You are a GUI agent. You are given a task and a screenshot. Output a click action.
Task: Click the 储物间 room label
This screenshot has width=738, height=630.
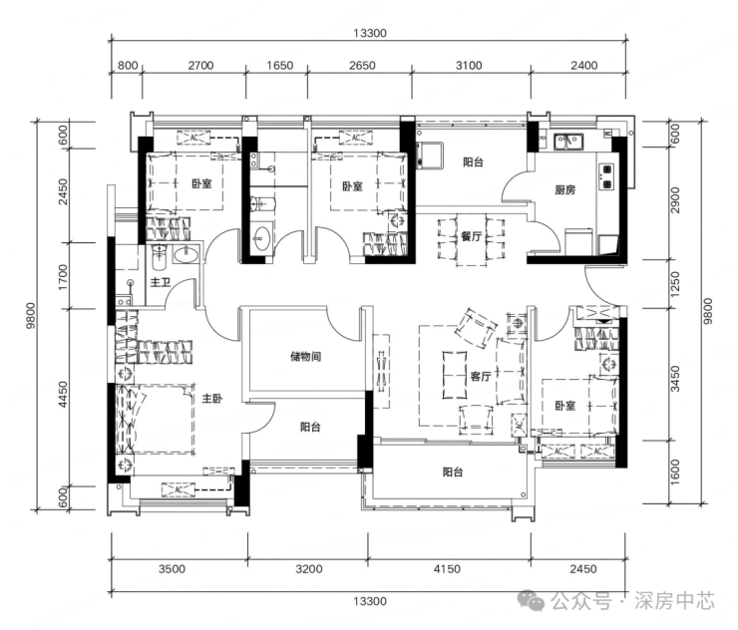(x=305, y=356)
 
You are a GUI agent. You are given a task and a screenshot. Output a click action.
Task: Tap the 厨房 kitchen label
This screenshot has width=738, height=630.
(x=564, y=190)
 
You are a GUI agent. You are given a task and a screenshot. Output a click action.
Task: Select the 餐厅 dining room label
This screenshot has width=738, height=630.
(x=471, y=235)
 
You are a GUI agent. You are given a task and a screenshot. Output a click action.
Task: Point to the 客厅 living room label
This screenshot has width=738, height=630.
(x=481, y=376)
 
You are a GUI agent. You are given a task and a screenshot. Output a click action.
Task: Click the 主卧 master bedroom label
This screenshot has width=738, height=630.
(x=211, y=399)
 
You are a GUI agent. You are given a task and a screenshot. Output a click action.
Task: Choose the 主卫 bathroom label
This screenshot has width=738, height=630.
(x=160, y=282)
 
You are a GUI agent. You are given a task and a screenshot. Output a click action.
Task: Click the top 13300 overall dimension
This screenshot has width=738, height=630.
(x=369, y=33)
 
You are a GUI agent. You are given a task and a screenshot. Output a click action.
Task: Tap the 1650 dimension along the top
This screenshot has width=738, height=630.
(x=279, y=65)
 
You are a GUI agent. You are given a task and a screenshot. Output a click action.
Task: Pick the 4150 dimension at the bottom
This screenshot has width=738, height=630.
(x=447, y=569)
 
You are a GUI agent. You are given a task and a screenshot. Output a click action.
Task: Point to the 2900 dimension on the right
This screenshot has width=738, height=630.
(x=675, y=200)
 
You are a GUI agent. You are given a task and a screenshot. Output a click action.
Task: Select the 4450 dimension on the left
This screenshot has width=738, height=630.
(x=63, y=395)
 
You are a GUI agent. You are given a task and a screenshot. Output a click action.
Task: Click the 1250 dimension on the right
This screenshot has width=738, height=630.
(x=675, y=284)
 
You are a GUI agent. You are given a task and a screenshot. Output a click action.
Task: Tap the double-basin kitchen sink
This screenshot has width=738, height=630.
(x=568, y=142)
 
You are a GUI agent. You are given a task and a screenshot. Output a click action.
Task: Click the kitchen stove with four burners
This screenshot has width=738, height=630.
(x=606, y=176)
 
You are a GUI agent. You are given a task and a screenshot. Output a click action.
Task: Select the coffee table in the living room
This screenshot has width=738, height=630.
(x=454, y=375)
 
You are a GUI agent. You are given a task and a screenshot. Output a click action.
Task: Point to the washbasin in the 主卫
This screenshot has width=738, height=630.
(x=186, y=255)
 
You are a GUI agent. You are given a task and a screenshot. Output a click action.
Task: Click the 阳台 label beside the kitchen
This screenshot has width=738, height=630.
(x=473, y=162)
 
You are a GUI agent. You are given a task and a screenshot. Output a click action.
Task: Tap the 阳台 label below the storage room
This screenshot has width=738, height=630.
(x=310, y=427)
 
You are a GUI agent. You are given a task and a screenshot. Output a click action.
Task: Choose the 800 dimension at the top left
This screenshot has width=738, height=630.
(x=128, y=65)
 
